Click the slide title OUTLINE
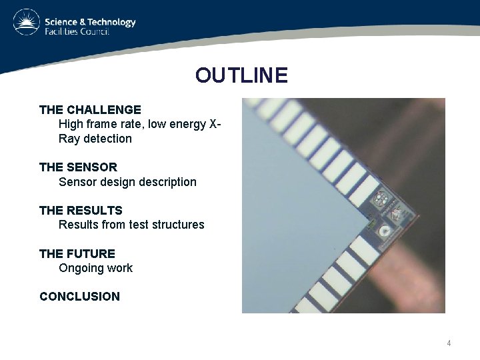point(241,75)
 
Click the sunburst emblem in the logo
point(26,22)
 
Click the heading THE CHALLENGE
point(90,109)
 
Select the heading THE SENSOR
point(78,167)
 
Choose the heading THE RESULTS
point(81,210)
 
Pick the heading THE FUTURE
point(77,253)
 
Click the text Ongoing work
point(95,268)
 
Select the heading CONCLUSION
point(80,297)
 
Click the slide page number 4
point(449,343)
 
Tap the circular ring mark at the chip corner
point(384,231)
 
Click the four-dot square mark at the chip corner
point(381,199)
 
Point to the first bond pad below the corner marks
point(363,250)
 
